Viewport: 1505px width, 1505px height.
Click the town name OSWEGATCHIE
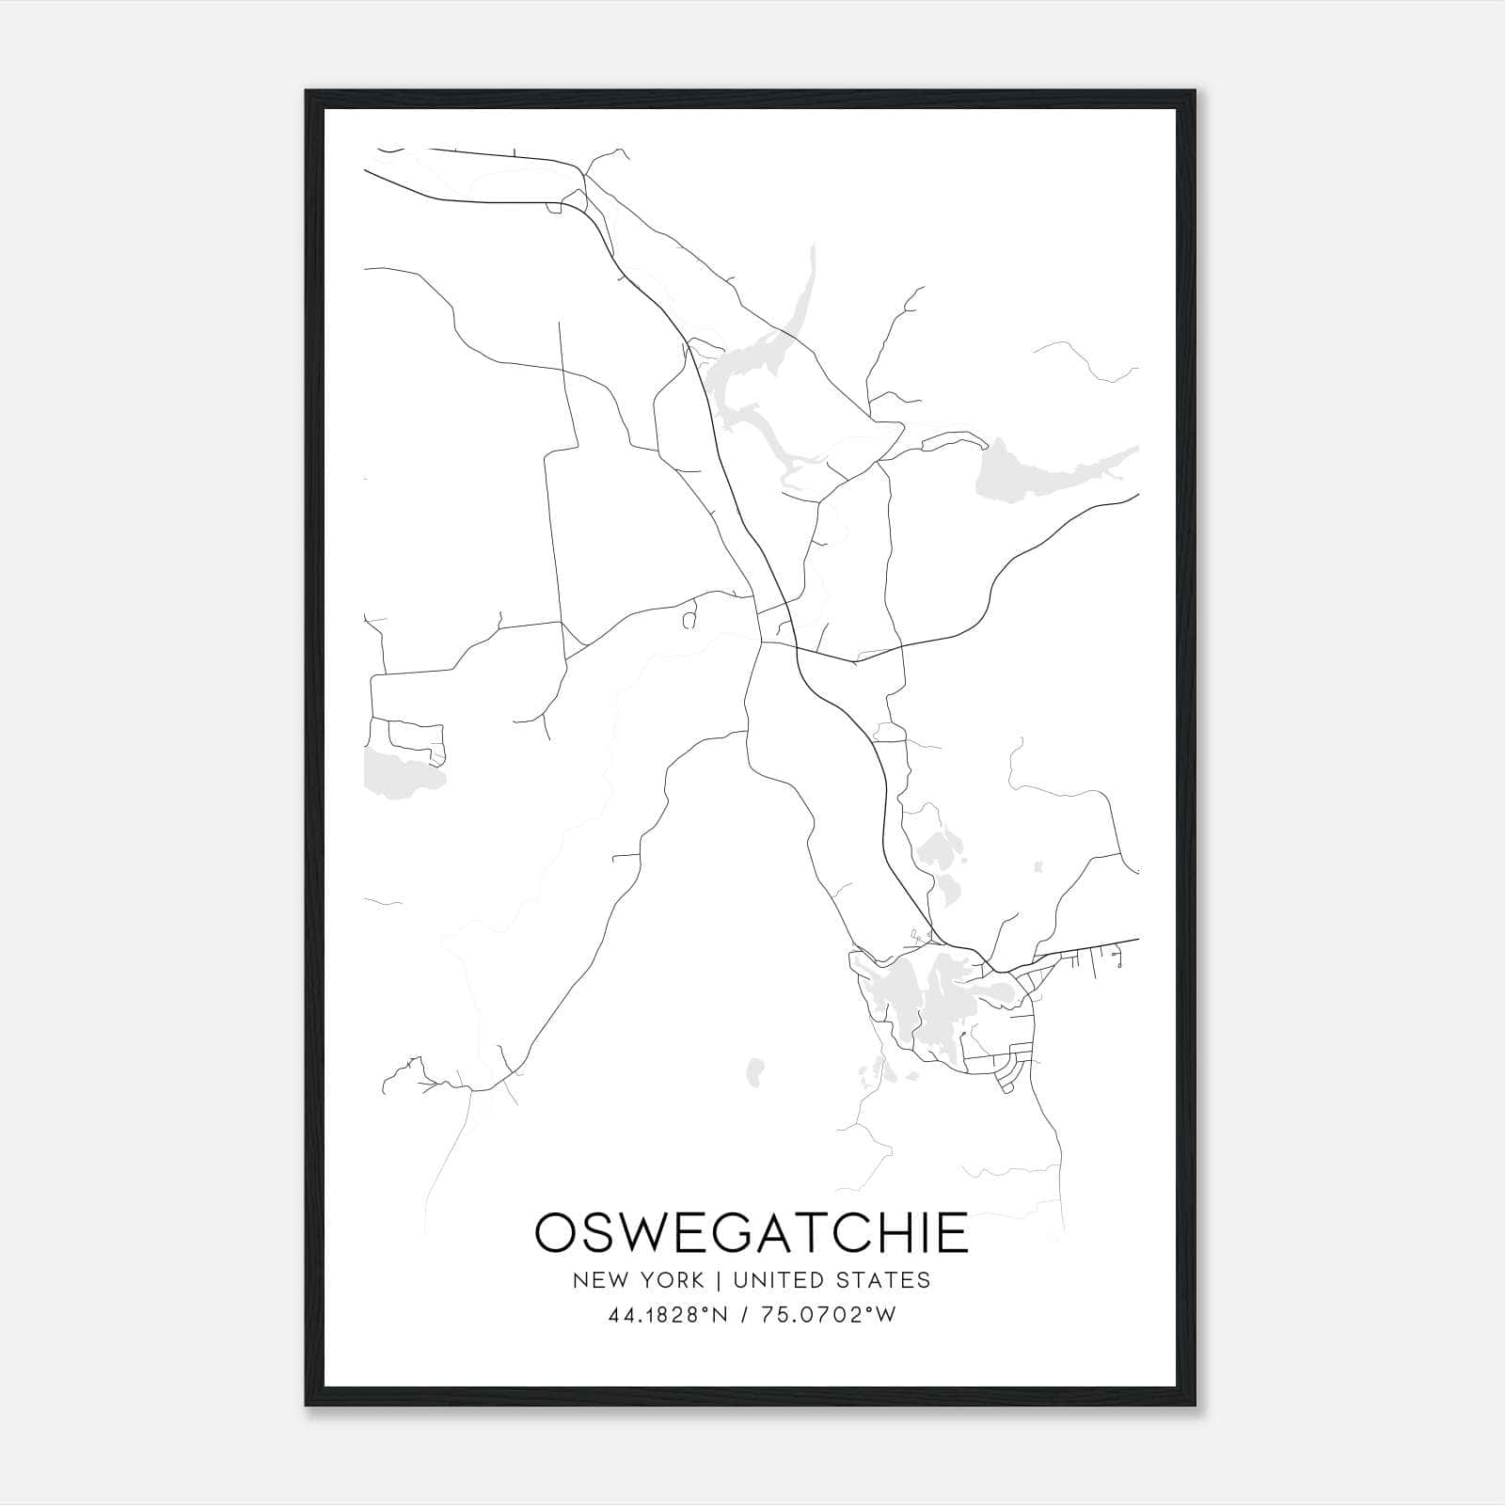click(751, 1232)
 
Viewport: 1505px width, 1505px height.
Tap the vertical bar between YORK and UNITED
click(718, 1280)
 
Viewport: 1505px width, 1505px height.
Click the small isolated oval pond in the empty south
click(754, 1069)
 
